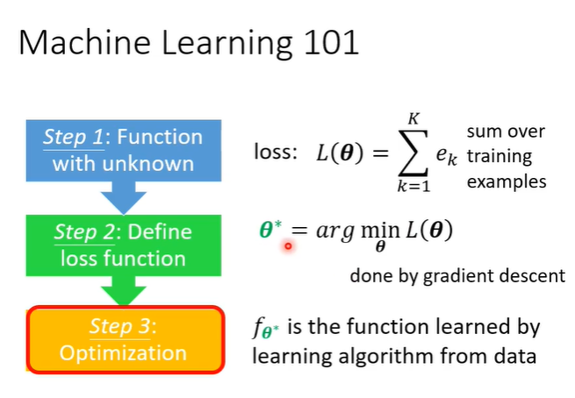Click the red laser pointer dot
287,247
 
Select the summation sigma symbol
413,154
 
